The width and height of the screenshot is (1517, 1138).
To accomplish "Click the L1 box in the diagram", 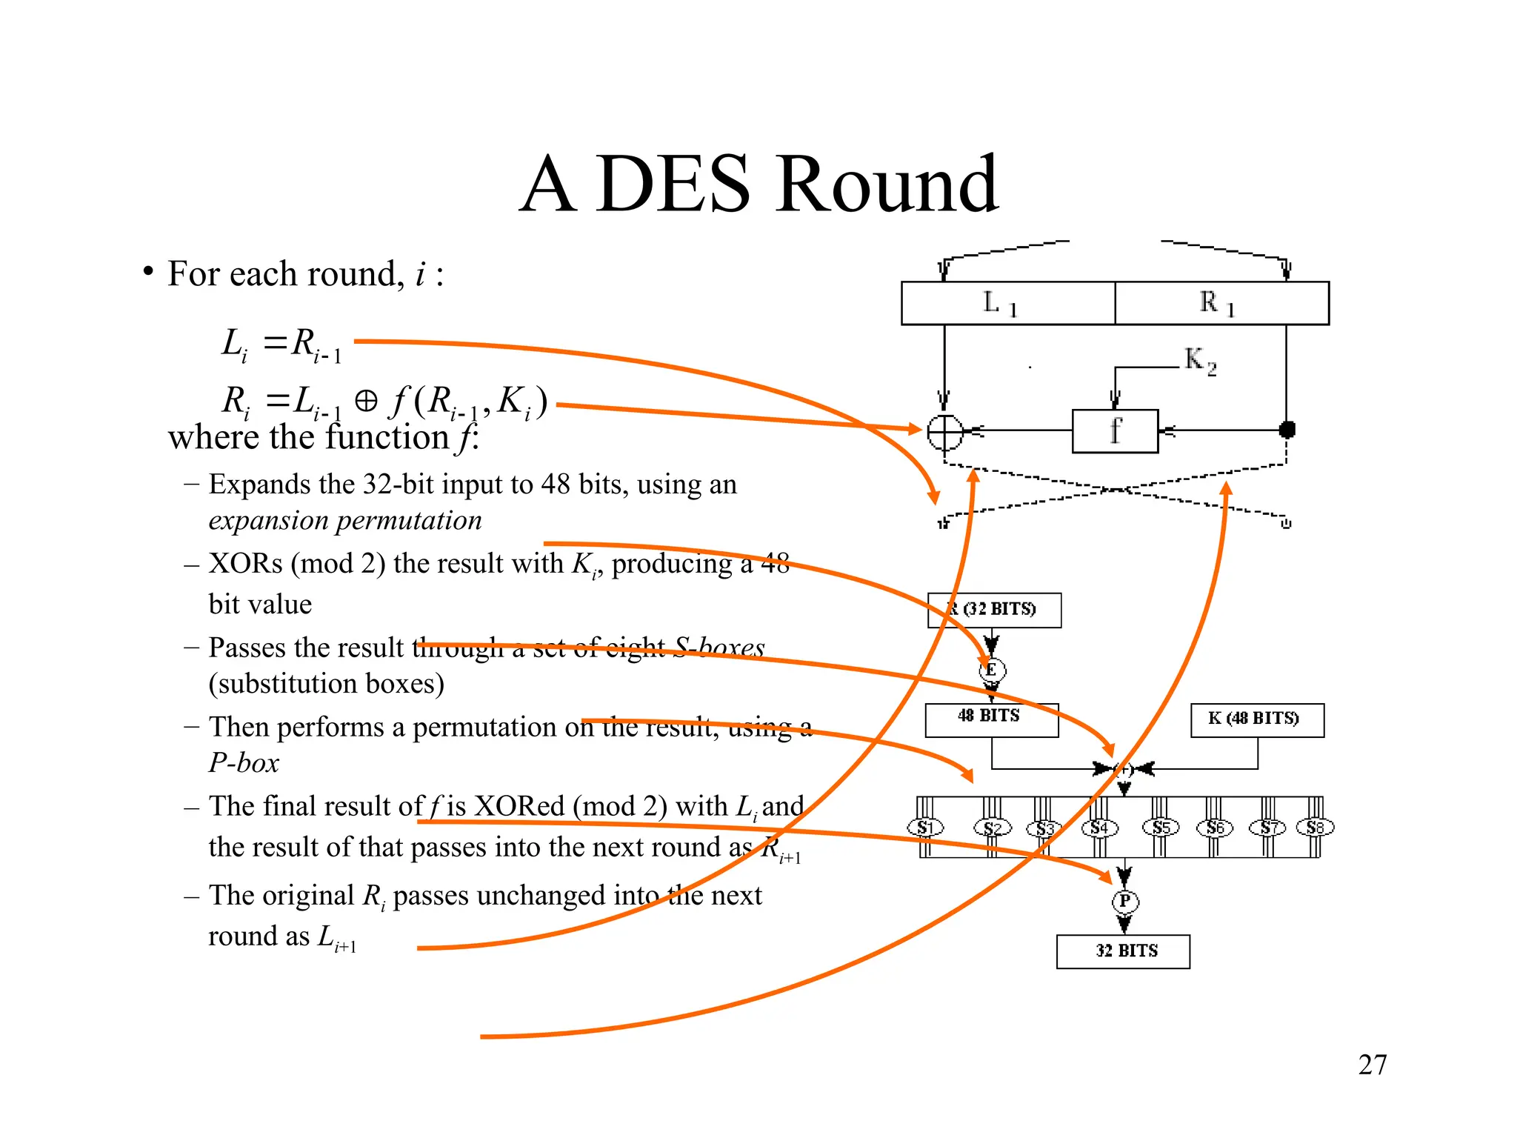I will (x=1007, y=303).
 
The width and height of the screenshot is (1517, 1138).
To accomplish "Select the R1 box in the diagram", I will (x=1221, y=303).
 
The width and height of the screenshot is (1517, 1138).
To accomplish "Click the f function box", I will (x=1115, y=430).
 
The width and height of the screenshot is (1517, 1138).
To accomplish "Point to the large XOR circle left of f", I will (x=945, y=431).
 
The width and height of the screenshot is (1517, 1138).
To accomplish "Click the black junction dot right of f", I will (x=1287, y=429).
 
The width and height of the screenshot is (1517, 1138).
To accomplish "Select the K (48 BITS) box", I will (x=1257, y=719).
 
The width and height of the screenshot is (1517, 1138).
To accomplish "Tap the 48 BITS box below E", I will (x=991, y=719).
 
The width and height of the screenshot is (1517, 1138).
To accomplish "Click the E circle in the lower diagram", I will (x=992, y=671).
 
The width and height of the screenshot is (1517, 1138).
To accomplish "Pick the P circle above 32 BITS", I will (x=1124, y=901).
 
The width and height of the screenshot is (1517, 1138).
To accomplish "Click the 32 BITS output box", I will (x=1123, y=951).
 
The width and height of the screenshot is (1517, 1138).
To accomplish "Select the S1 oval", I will (x=925, y=828).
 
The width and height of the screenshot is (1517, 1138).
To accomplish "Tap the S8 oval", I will (x=1315, y=827).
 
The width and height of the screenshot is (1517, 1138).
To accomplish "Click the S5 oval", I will (x=1161, y=827).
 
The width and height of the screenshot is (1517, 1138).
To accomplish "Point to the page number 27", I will (x=1372, y=1065).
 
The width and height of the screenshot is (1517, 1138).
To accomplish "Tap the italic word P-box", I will (x=244, y=763).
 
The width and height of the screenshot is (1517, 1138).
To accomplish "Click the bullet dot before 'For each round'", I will (x=149, y=272).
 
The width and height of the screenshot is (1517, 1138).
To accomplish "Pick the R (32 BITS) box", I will (x=994, y=610).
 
